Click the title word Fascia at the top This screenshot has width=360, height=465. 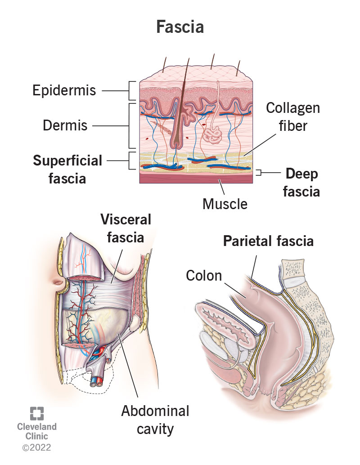tap(180, 27)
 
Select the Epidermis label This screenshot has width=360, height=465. tap(64, 90)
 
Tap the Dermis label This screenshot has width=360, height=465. tap(65, 125)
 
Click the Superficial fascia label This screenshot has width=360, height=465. tap(67, 169)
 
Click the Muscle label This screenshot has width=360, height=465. tap(225, 204)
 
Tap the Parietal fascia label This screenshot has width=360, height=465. tap(269, 241)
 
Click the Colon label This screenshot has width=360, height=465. tap(204, 275)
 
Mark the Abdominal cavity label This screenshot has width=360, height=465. tap(155, 420)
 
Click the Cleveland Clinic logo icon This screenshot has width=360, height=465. tap(37, 413)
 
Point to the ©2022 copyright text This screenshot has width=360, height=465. tap(37, 447)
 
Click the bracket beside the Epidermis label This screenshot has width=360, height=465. tap(132, 90)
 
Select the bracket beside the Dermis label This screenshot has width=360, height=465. tap(132, 125)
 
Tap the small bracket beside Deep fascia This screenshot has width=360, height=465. tap(258, 172)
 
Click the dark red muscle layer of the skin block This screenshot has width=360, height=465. tap(196, 179)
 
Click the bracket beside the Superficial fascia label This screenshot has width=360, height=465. tap(132, 161)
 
